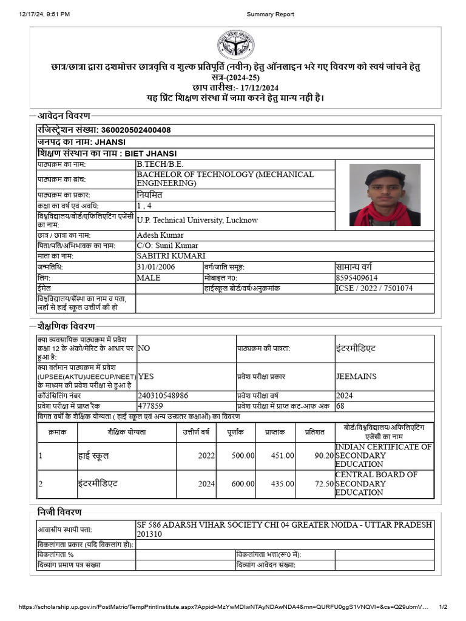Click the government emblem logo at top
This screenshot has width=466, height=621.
[x=236, y=44]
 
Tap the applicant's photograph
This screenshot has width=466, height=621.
[x=385, y=195]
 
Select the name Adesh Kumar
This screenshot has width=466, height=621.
[x=160, y=235]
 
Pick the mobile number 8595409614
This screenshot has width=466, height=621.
[x=361, y=278]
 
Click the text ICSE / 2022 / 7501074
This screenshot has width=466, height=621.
[x=374, y=288]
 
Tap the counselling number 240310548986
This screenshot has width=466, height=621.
[x=163, y=395]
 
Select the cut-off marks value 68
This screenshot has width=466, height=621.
[x=340, y=406]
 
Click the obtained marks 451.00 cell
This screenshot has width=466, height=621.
[x=281, y=455]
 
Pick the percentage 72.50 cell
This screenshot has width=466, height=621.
[x=324, y=484]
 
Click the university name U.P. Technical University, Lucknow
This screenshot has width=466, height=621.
[x=197, y=220]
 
